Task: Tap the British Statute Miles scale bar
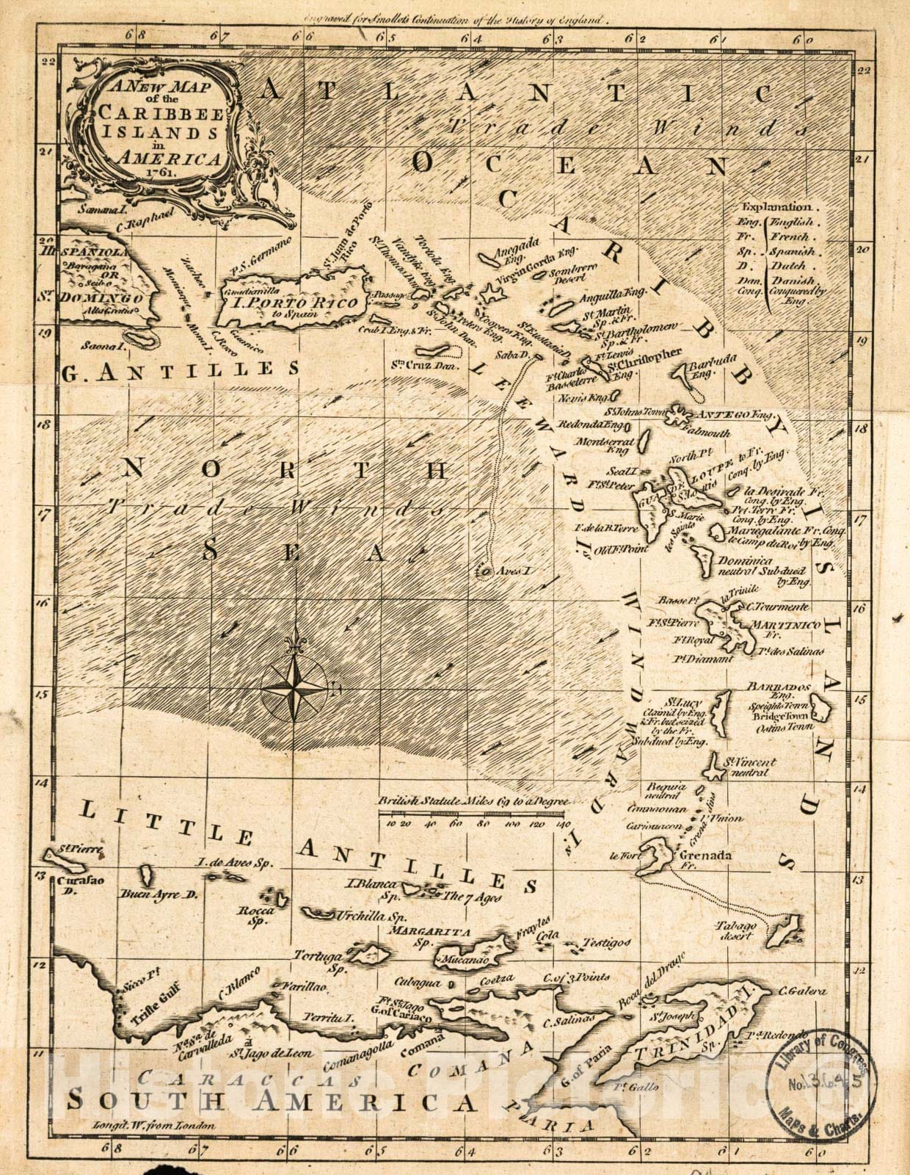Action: (474, 814)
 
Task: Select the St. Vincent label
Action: (749, 762)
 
